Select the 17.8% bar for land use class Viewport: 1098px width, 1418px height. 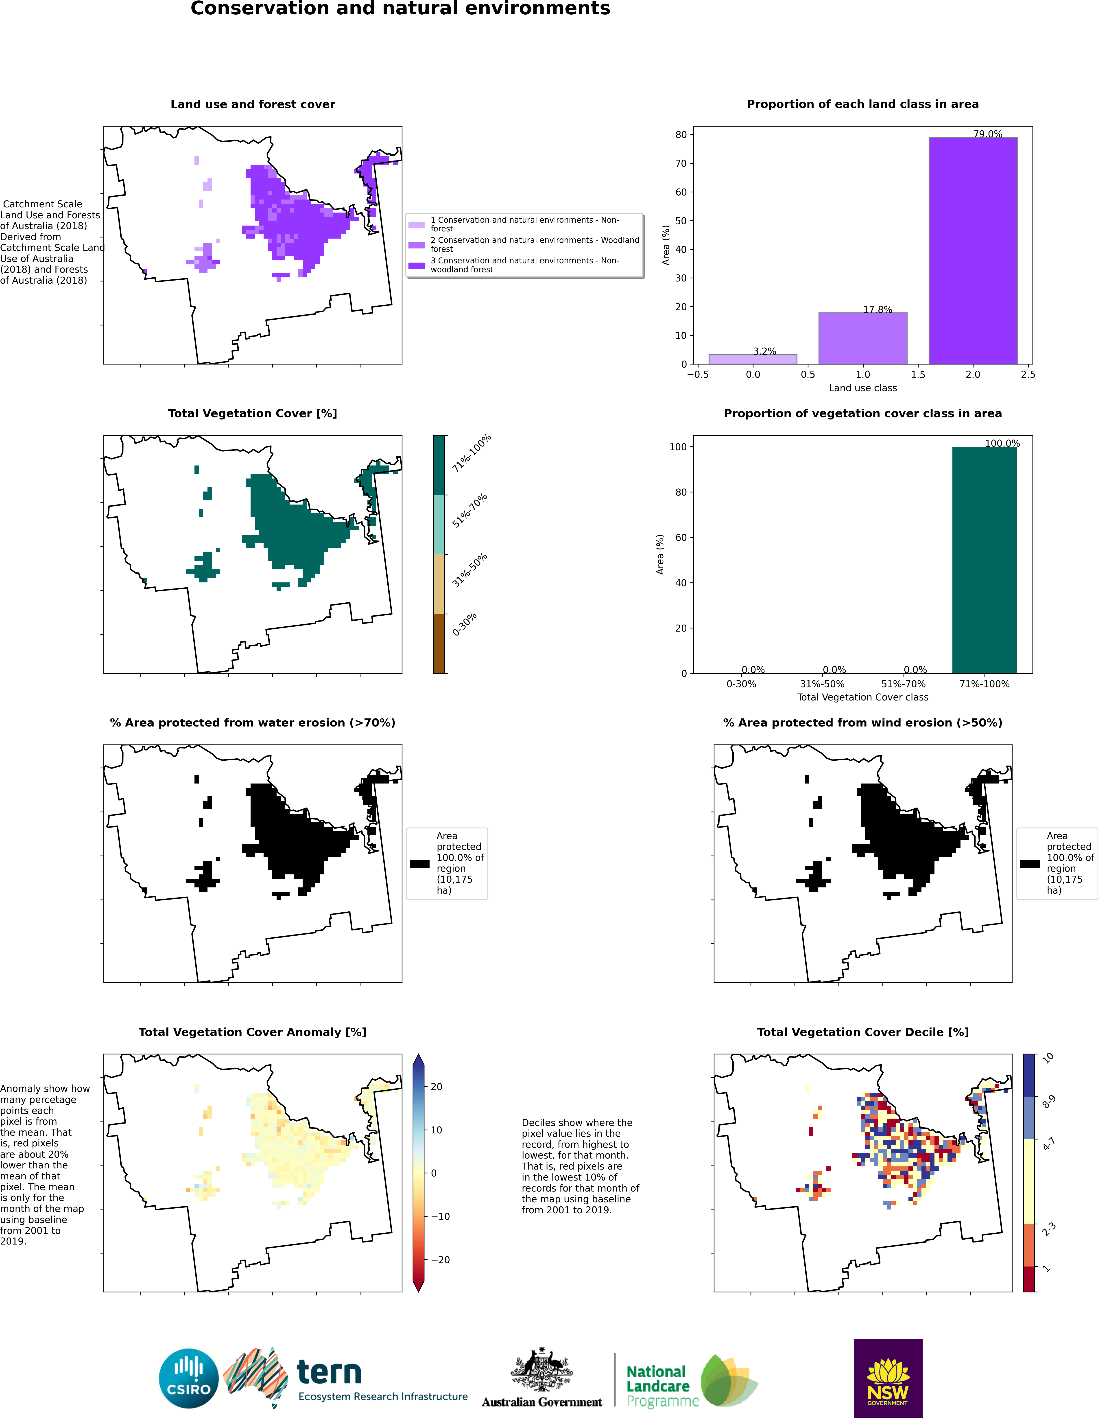pyautogui.click(x=862, y=338)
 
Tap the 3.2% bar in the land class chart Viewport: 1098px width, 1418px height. pyautogui.click(x=753, y=359)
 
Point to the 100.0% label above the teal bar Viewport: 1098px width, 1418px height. pyautogui.click(x=1002, y=443)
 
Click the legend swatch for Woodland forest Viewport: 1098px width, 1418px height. pyautogui.click(x=417, y=245)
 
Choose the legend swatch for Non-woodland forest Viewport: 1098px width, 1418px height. pyautogui.click(x=417, y=265)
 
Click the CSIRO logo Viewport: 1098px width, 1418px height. pyautogui.click(x=189, y=1378)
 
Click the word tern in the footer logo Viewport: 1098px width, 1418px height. pyautogui.click(x=329, y=1373)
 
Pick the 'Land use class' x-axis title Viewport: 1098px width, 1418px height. pyautogui.click(x=862, y=388)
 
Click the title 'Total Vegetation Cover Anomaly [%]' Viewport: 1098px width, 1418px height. pyautogui.click(x=252, y=1032)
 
